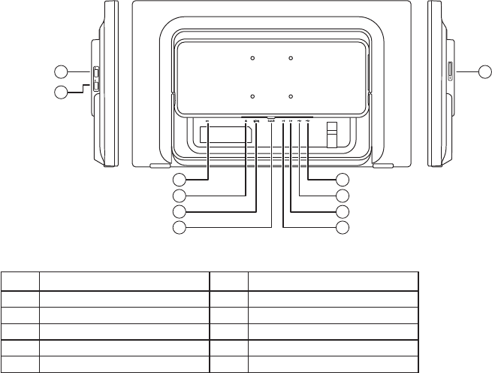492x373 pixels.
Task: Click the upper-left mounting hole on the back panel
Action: [x=253, y=58]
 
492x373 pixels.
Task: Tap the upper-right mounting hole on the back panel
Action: [x=290, y=58]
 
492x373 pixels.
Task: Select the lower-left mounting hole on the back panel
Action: [x=253, y=96]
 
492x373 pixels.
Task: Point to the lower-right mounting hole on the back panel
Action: [x=290, y=96]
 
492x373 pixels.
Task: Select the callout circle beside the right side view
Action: [x=484, y=71]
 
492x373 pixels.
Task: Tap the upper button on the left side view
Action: [x=96, y=74]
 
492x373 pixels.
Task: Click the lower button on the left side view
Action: [x=96, y=86]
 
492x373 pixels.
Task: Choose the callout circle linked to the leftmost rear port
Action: [x=178, y=180]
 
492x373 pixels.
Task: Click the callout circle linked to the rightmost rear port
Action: [x=343, y=180]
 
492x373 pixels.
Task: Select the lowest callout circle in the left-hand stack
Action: [x=178, y=227]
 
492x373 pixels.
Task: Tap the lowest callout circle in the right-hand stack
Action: [x=343, y=227]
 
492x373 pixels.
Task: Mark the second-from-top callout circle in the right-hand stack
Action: [x=343, y=196]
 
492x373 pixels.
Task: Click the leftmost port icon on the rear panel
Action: [x=207, y=123]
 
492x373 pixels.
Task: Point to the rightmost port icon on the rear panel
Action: [x=308, y=123]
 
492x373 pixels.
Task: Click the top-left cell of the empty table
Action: [x=20, y=282]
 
